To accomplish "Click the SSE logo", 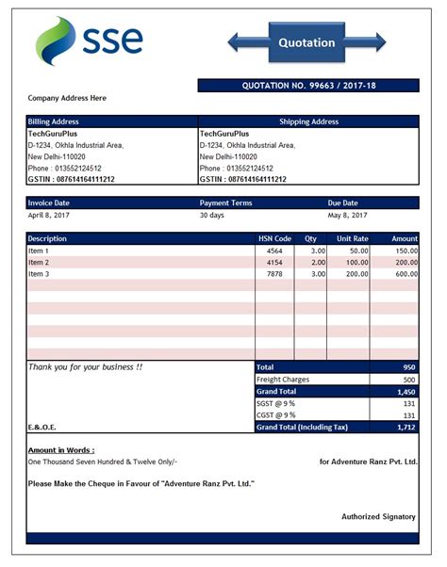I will pos(90,40).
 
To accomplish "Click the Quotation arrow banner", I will pos(306,42).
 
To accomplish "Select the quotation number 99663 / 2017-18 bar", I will pos(308,86).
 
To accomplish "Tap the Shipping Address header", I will pos(308,121).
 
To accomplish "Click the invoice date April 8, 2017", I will pos(50,215).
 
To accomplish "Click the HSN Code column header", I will pos(275,239).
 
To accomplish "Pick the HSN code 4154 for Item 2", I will pos(275,262).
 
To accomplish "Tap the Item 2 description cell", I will pos(40,262).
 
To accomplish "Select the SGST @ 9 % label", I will pos(276,403).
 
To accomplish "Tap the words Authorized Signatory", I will pos(378,517).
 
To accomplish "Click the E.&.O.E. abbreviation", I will pos(42,428).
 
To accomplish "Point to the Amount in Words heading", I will pos(61,450).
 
